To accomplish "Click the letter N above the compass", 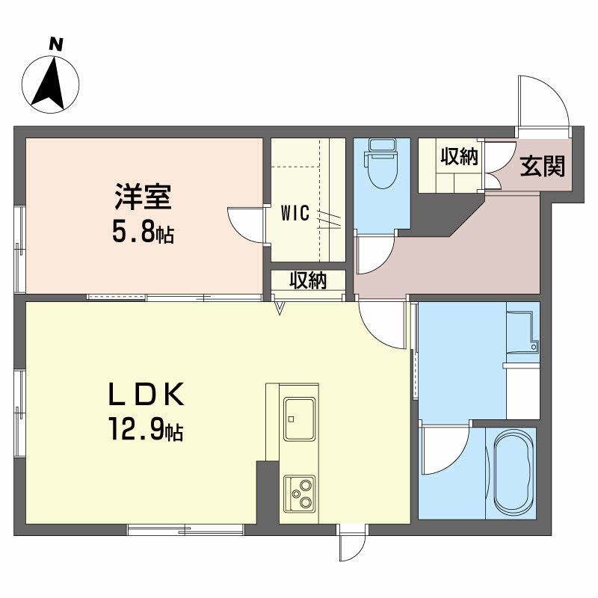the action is tap(56, 44).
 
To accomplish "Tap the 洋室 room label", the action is tap(143, 197).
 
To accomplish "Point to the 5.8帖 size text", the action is tap(143, 232).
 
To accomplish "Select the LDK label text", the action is tap(147, 394).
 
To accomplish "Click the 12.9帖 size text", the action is tap(147, 429).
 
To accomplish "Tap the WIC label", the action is tap(295, 213).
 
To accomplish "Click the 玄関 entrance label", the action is tap(543, 166).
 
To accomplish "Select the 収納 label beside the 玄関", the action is tap(460, 156).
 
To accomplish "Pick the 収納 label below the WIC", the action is tap(308, 280).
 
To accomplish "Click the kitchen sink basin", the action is tap(300, 419).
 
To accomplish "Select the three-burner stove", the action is tap(300, 493).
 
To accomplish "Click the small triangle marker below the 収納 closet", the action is tap(280, 308).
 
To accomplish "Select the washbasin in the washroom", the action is tap(523, 332).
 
